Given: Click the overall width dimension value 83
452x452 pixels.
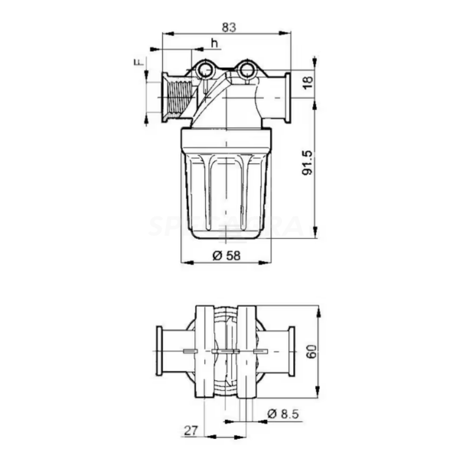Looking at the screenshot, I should tap(228, 26).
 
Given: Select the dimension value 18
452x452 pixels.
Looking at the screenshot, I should tap(307, 82).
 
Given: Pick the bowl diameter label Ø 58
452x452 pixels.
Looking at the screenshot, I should tap(227, 255).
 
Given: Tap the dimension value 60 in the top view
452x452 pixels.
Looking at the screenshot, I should tap(311, 351).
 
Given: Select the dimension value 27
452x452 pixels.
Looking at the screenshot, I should tap(190, 431).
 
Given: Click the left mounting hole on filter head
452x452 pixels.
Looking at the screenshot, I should tap(205, 71).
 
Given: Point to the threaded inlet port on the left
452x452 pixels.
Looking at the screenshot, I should tap(176, 98).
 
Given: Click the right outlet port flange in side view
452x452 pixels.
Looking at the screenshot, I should tap(287, 97).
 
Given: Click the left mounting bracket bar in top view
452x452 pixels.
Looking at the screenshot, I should tap(204, 351).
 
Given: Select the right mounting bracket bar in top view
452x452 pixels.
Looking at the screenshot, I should tap(247, 351).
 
